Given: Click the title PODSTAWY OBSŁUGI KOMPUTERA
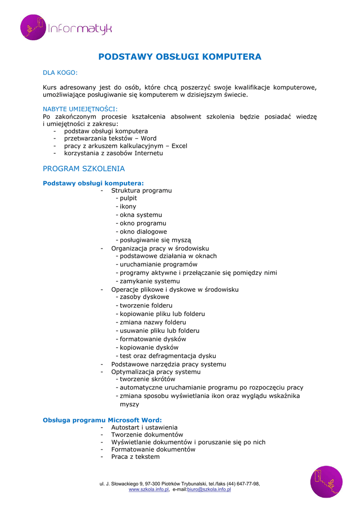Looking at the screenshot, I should [x=180, y=57].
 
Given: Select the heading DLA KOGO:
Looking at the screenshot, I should [x=60, y=73].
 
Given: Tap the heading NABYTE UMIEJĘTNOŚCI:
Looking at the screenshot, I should [x=80, y=109].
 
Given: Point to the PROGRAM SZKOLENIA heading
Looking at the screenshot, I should [x=84, y=169].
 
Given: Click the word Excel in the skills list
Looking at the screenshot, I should [x=179, y=146].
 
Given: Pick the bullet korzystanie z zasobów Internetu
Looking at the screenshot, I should [x=113, y=153].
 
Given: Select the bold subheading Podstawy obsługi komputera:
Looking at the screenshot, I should [x=93, y=183].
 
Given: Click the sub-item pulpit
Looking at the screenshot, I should [x=128, y=198].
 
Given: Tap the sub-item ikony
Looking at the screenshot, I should [x=128, y=206].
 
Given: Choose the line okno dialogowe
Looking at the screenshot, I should [x=143, y=232].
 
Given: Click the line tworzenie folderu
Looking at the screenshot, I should [x=146, y=306].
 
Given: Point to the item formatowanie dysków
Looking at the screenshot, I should [x=152, y=339].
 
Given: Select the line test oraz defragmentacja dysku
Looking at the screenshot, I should [x=167, y=356].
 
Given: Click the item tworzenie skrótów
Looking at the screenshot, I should [x=147, y=379].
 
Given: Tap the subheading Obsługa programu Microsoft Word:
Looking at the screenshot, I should [x=102, y=420].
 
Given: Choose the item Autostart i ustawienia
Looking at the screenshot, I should [x=144, y=427].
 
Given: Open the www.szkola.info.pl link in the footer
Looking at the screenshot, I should [x=149, y=489].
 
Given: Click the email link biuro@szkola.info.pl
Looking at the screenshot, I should [x=209, y=489].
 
